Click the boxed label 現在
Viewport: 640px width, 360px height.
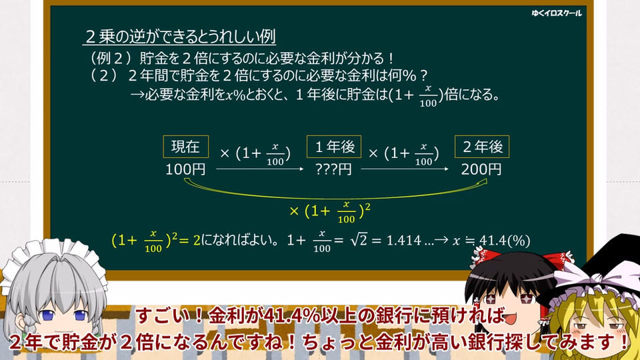click(x=186, y=147)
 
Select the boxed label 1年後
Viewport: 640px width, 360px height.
click(x=334, y=147)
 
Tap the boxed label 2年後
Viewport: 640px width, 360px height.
click(x=482, y=147)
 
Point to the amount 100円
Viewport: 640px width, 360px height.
click(x=185, y=169)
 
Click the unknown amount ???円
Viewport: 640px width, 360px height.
click(x=333, y=169)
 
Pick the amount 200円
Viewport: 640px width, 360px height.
click(x=481, y=169)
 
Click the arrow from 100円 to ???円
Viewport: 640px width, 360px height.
click(x=260, y=169)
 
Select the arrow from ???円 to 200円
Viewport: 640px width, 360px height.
click(x=405, y=169)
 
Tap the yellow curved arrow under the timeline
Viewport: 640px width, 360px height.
click(x=335, y=197)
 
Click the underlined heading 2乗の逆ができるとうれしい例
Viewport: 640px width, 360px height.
click(x=179, y=37)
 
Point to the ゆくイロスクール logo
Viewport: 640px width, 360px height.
click(x=556, y=13)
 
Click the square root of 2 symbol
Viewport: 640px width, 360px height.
click(x=359, y=240)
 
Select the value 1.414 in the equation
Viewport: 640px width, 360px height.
click(x=404, y=241)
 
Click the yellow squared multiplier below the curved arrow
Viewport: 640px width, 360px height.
click(x=330, y=212)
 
